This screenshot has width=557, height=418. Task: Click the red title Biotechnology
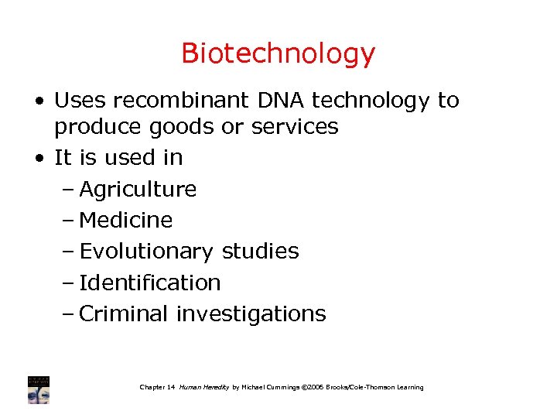[278, 54]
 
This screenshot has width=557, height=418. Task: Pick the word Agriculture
[138, 189]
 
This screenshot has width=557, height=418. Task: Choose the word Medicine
[126, 221]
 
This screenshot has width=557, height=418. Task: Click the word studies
[260, 252]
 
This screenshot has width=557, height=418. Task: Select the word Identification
[150, 283]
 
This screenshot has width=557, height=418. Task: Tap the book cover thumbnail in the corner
[39, 389]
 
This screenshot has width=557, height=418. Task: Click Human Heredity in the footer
[204, 387]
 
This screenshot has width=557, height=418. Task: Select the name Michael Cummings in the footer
[272, 387]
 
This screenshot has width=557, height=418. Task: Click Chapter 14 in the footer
[157, 387]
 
